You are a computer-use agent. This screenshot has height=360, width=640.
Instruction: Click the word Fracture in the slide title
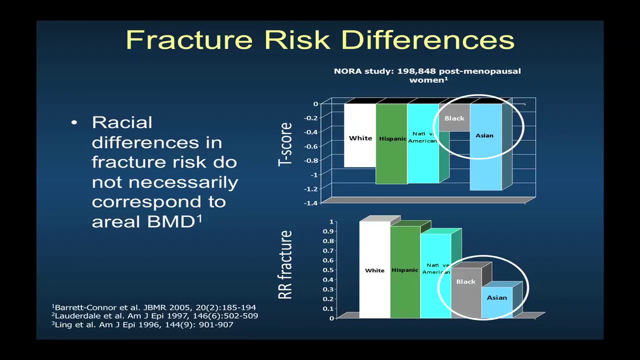[x=189, y=40]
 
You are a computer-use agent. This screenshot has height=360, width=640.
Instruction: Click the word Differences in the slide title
[x=429, y=40]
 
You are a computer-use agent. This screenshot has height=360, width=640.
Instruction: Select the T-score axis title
[x=285, y=144]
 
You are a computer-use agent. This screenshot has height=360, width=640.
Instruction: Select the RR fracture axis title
[x=285, y=265]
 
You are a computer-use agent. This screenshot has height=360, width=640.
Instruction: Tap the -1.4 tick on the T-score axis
[x=311, y=202]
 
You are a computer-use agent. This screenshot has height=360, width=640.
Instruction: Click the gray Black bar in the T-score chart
[x=454, y=118]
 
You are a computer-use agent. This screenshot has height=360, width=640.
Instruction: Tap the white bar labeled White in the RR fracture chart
[x=374, y=270]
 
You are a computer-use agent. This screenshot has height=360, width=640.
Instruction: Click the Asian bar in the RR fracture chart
[x=496, y=302]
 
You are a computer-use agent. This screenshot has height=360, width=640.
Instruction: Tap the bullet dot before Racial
[x=74, y=122]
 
